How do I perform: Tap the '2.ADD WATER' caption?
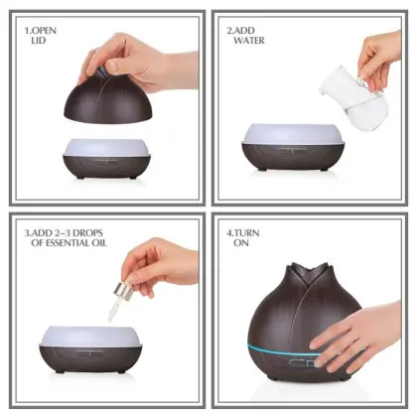[250, 37]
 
